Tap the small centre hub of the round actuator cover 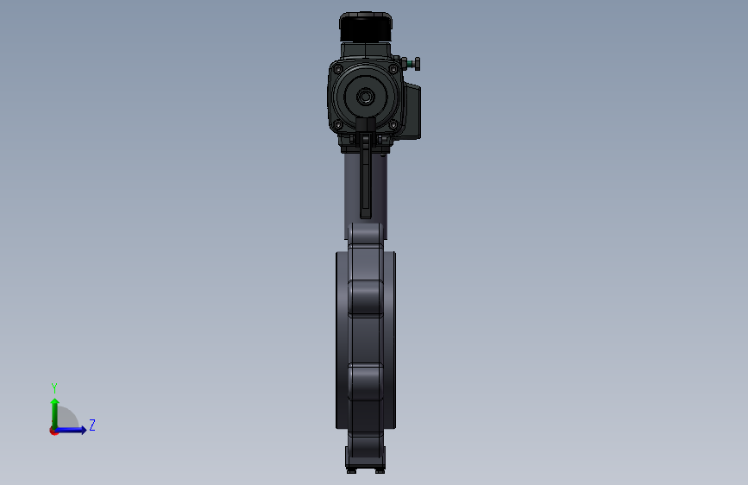[366, 97]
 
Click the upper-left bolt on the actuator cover [337, 69]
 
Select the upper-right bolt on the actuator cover [393, 69]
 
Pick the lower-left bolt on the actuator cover [337, 125]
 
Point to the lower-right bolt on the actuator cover [393, 125]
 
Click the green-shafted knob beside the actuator [412, 64]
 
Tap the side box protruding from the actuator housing [412, 110]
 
